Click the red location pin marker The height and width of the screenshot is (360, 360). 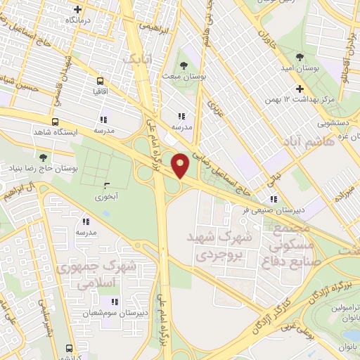click(x=181, y=165)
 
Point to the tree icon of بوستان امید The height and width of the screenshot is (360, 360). click(x=300, y=56)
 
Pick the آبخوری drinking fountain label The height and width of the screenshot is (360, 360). click(x=107, y=198)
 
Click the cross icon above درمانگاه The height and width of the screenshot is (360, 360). click(x=78, y=10)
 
